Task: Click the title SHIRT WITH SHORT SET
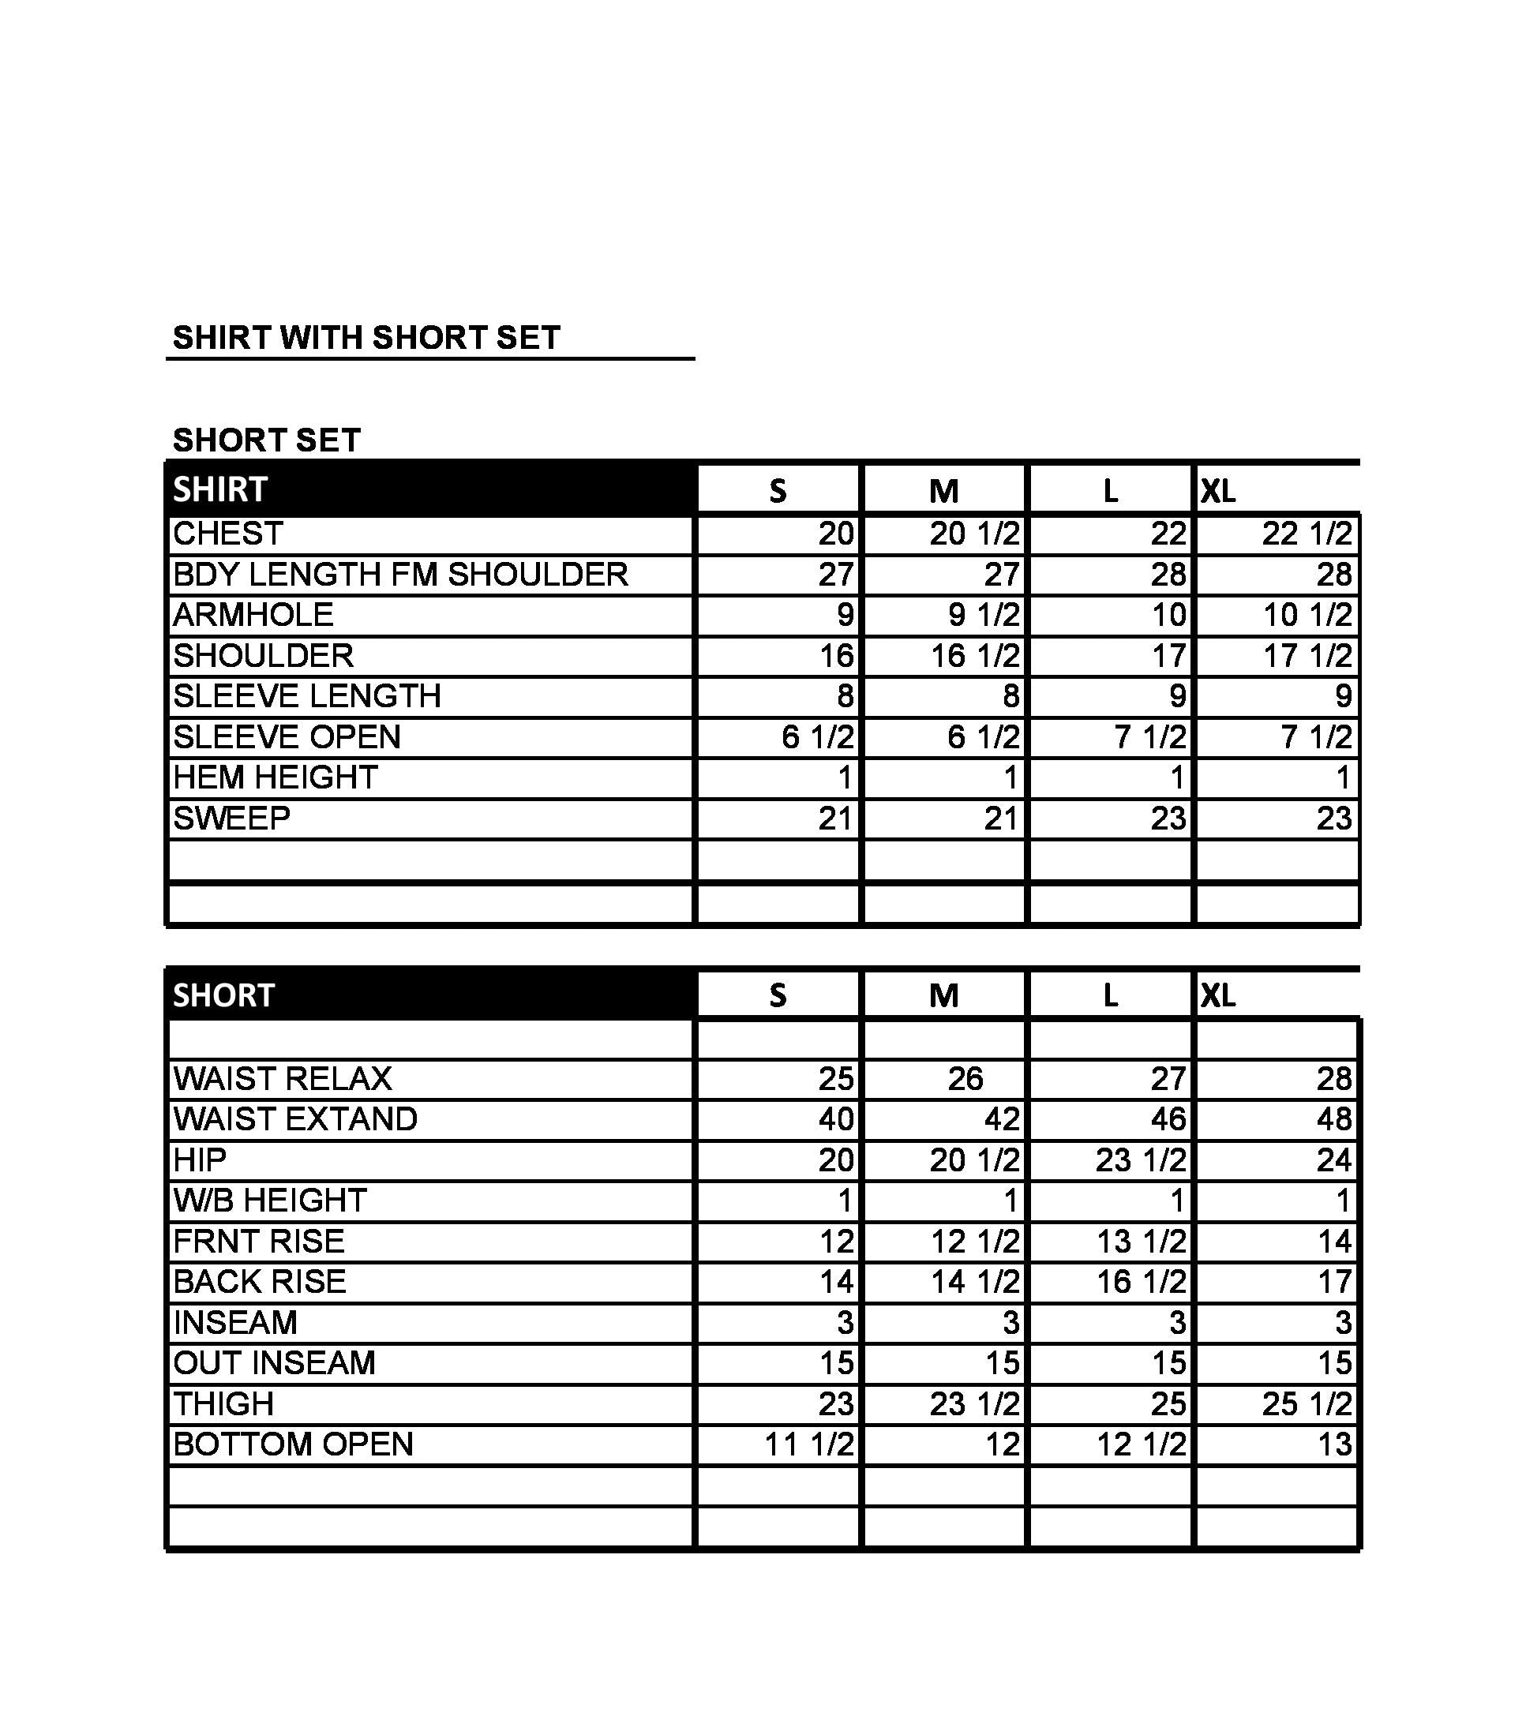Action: click(366, 338)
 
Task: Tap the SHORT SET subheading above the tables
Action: click(266, 440)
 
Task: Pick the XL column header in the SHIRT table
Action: click(1218, 491)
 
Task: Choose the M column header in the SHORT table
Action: click(944, 996)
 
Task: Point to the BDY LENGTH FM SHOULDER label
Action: click(400, 575)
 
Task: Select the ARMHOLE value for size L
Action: click(1168, 615)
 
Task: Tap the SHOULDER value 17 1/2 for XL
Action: click(1307, 656)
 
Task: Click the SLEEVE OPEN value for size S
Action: click(817, 736)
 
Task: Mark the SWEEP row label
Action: click(231, 818)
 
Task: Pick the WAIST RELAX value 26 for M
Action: click(965, 1078)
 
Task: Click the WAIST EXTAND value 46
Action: click(1168, 1118)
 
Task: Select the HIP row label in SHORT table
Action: click(201, 1160)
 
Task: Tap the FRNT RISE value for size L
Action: click(1141, 1241)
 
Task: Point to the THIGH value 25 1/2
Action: click(1307, 1403)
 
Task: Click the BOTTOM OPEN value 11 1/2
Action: click(808, 1444)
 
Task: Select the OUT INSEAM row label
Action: click(275, 1363)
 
